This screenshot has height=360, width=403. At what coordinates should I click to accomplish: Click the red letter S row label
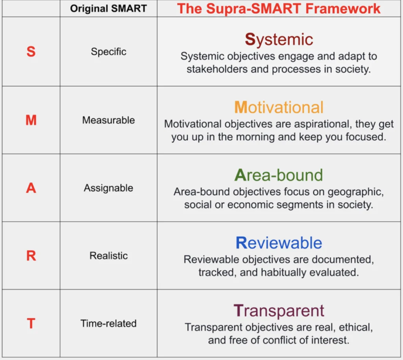(31, 52)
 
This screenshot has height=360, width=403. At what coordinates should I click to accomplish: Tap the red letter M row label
(31, 120)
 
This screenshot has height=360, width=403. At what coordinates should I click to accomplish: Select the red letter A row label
(31, 188)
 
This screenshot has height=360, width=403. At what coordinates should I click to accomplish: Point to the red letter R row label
(31, 256)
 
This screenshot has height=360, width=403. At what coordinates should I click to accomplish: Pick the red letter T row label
(31, 323)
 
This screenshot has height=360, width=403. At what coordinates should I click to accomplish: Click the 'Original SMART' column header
(109, 9)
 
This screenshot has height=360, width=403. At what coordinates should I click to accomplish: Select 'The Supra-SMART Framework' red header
(279, 9)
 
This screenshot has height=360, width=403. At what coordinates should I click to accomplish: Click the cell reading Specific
(109, 52)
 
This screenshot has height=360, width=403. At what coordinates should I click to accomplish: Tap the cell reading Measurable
(109, 120)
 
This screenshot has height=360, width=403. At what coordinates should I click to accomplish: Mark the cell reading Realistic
(109, 256)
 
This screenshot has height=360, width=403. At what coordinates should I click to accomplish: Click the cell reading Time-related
(109, 323)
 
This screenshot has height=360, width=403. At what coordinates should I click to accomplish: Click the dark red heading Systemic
(279, 40)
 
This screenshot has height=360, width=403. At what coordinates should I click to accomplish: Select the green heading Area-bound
(279, 175)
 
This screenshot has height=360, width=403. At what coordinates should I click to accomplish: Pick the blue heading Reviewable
(279, 243)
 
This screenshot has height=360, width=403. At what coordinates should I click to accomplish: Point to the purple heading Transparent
(279, 311)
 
